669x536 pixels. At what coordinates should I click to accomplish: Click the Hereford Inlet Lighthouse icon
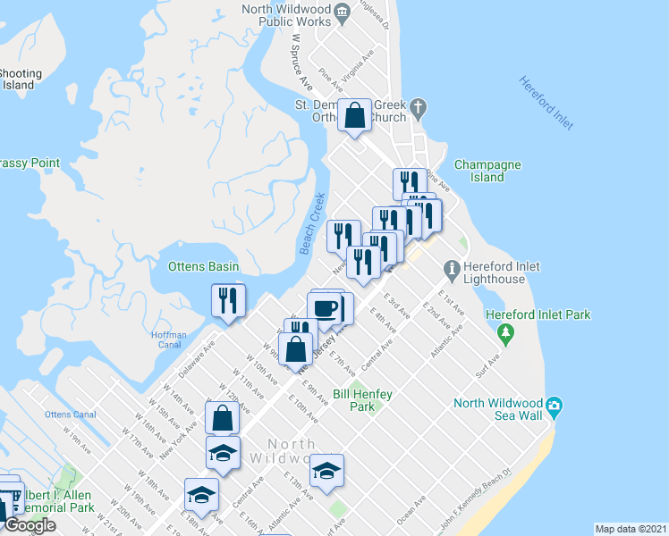(x=452, y=268)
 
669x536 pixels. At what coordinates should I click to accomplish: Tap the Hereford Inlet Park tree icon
(x=506, y=334)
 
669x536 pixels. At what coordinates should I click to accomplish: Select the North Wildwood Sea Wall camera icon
(x=555, y=407)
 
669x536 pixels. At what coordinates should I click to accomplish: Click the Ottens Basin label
(x=203, y=266)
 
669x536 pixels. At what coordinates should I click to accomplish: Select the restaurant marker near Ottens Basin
(x=227, y=299)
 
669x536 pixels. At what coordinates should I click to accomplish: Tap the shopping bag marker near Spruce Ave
(x=355, y=115)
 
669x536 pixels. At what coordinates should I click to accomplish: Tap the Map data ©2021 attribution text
(x=631, y=529)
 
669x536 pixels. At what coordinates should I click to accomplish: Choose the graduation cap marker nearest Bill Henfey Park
(x=327, y=471)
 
